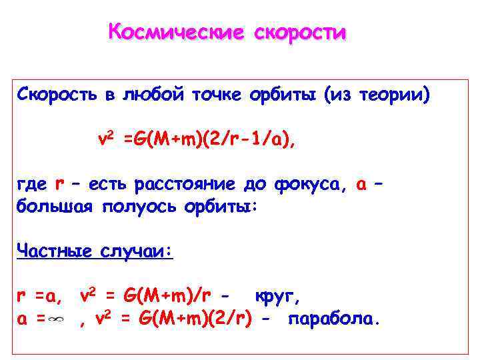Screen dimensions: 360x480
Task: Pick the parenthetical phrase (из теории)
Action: (x=377, y=96)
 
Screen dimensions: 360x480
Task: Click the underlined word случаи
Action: (x=137, y=251)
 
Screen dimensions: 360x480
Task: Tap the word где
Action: (x=31, y=185)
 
